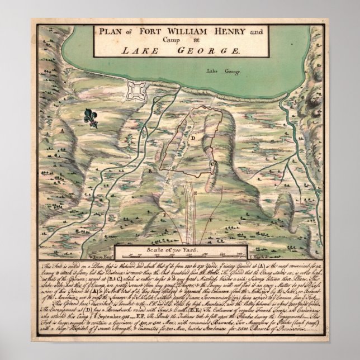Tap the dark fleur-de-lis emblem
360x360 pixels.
tap(91, 117)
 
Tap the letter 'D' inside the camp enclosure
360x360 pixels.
tap(193, 137)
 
